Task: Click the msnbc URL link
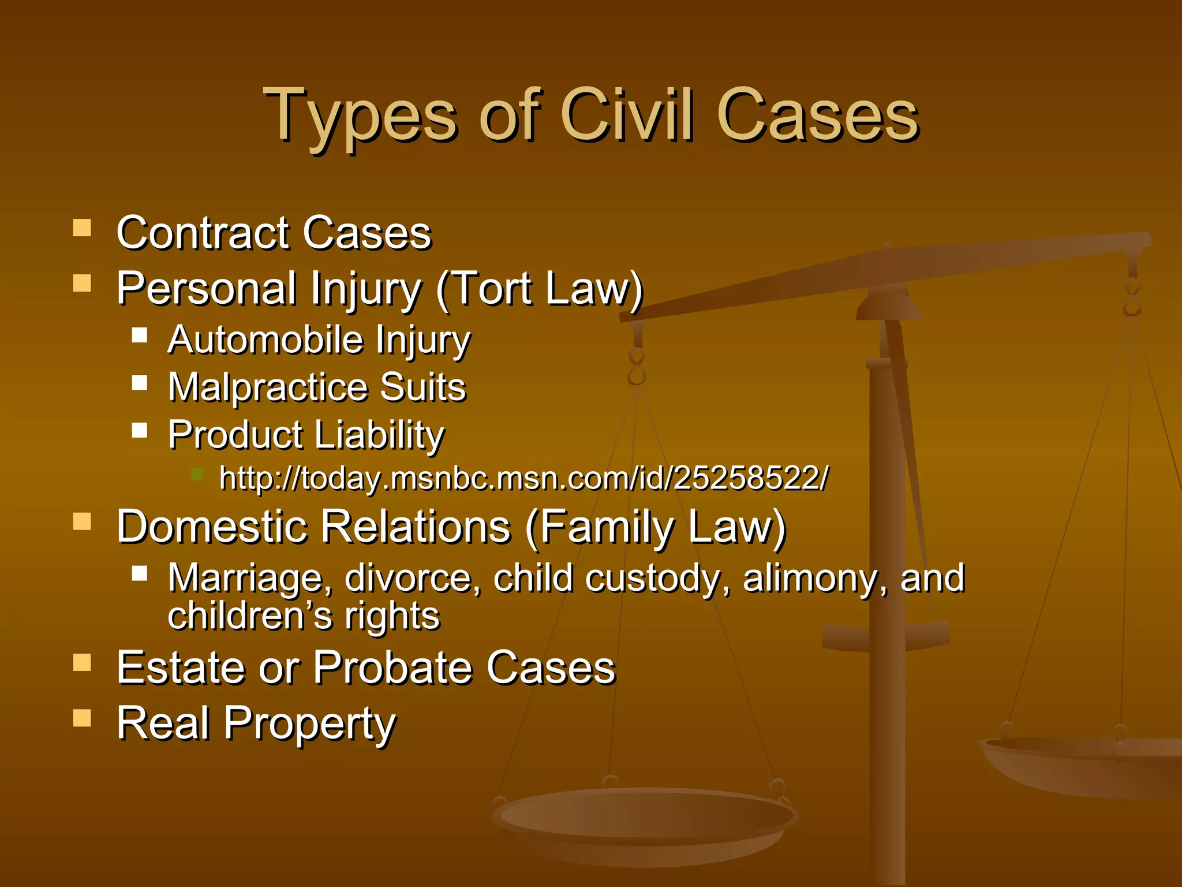pyautogui.click(x=523, y=478)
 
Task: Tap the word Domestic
pyautogui.click(x=212, y=527)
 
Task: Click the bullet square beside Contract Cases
pyautogui.click(x=83, y=228)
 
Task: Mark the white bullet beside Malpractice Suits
pyautogui.click(x=140, y=383)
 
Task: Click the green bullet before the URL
pyautogui.click(x=197, y=475)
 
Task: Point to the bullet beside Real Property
pyautogui.click(x=83, y=718)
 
